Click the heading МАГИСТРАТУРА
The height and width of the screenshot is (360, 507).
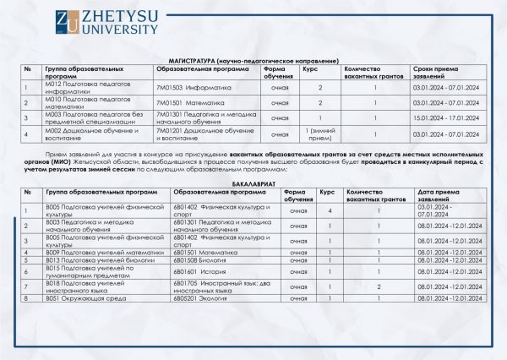(x=253, y=62)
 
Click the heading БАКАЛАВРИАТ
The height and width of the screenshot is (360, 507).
(x=253, y=183)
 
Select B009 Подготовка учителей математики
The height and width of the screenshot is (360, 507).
(x=93, y=252)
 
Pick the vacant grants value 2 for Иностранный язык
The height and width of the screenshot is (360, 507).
(x=379, y=286)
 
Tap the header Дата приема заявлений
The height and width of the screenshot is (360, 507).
(x=443, y=195)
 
